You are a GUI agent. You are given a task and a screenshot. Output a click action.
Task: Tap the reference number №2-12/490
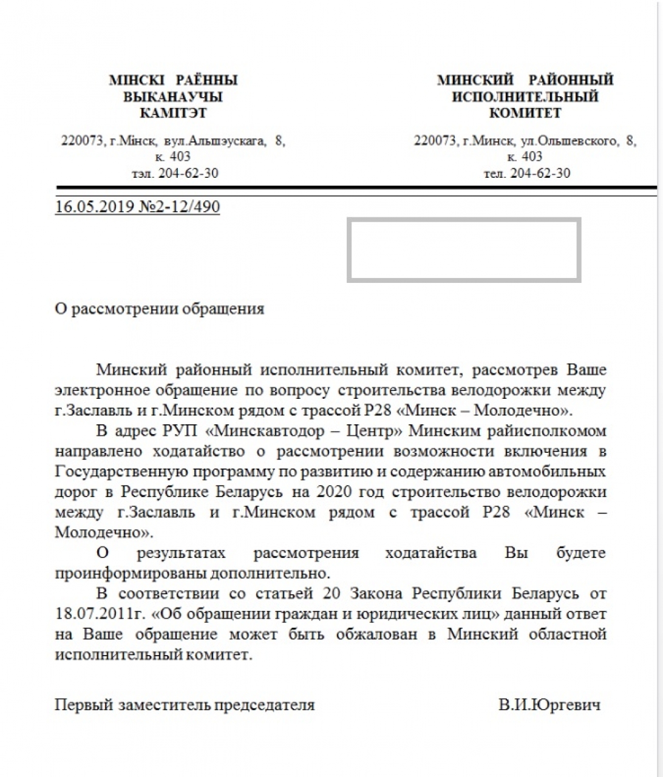(x=180, y=206)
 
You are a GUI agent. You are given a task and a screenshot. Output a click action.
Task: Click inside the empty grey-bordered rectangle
(x=464, y=250)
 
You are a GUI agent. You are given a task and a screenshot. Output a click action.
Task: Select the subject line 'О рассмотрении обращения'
(x=160, y=308)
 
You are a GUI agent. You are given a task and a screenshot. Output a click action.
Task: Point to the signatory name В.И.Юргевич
(x=549, y=705)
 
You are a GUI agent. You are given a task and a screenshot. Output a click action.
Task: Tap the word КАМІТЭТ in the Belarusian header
(x=173, y=113)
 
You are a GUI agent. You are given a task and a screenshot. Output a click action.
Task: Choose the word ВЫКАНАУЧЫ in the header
(x=173, y=97)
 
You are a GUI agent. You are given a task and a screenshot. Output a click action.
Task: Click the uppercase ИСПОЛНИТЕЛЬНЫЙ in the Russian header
(x=525, y=97)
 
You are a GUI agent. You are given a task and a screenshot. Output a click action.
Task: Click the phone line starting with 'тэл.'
(x=175, y=173)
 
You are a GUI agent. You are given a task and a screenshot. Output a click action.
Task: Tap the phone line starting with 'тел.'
(x=527, y=173)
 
